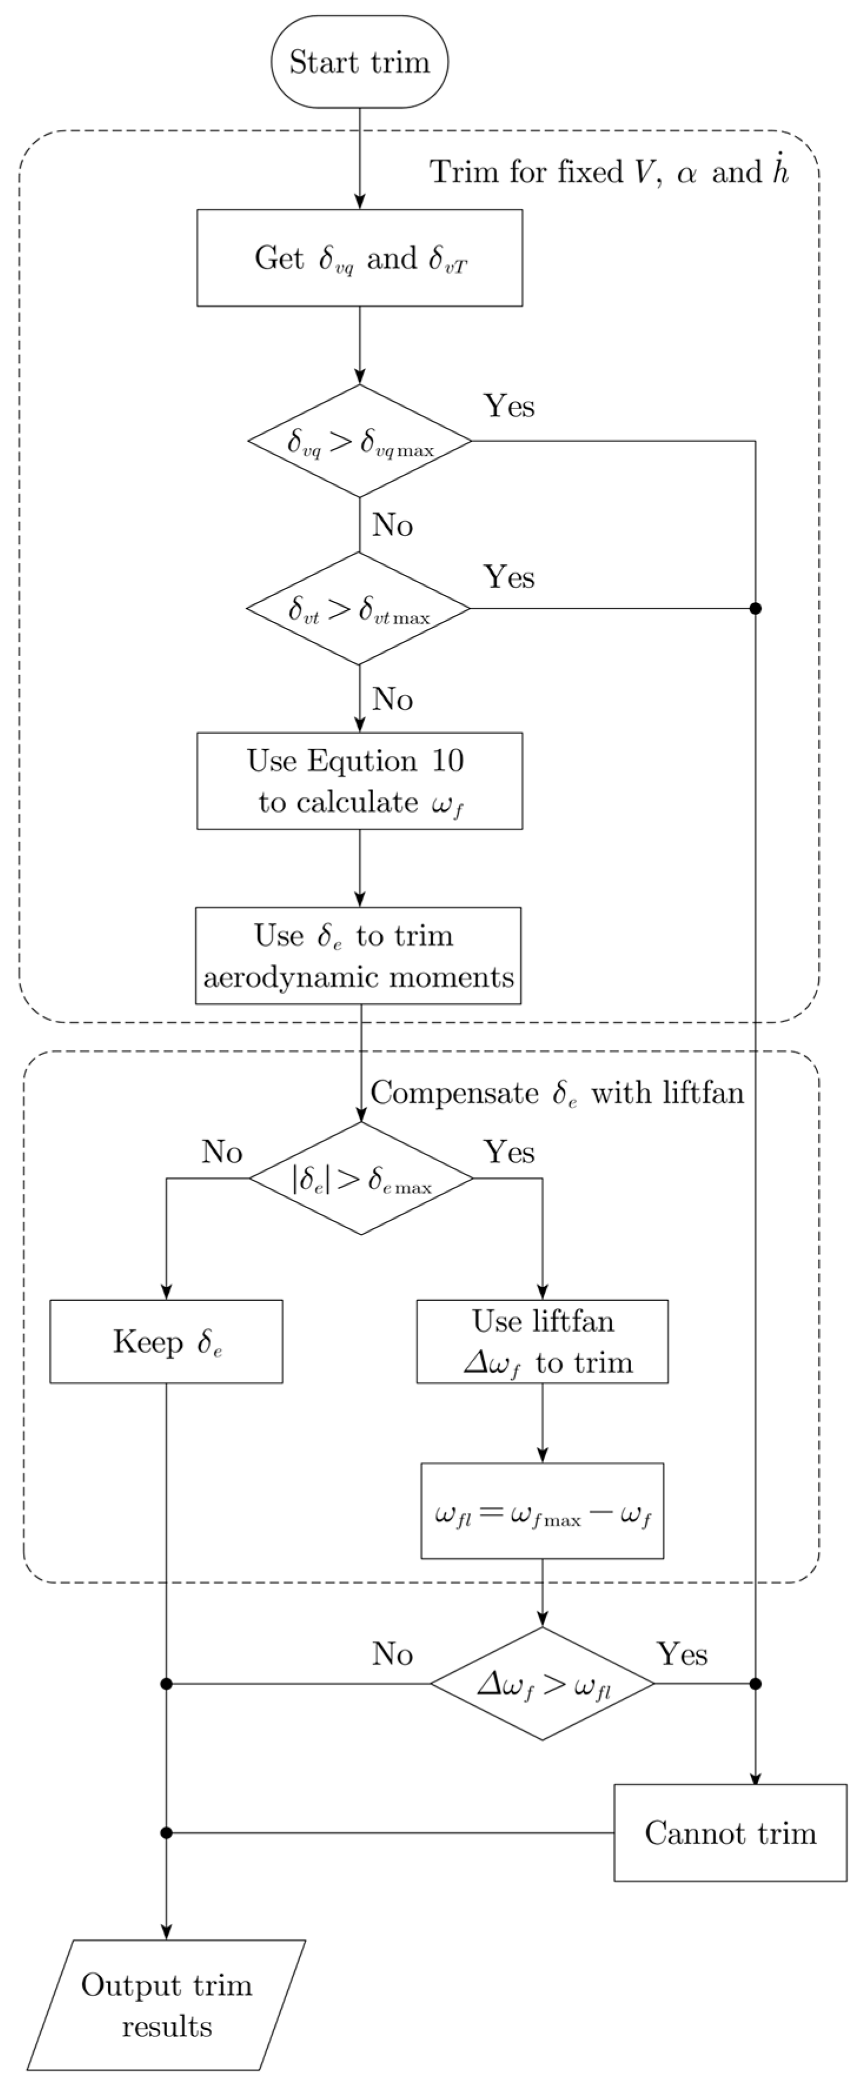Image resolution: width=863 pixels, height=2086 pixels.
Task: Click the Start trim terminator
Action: pos(359,62)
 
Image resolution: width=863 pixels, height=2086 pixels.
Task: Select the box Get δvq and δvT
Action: pos(359,258)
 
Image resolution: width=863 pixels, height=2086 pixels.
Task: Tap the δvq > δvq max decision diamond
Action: pos(359,441)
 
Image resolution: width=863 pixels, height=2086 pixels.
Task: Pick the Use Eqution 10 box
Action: pos(359,781)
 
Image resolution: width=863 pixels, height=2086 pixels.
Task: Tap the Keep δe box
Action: pos(166,1342)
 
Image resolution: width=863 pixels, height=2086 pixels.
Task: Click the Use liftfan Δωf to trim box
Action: pos(542,1342)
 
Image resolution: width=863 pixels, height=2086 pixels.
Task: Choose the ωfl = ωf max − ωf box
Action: pos(542,1511)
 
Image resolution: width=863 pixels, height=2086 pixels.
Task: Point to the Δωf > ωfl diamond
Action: pos(542,1684)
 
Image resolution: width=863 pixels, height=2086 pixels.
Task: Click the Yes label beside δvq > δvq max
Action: pos(509,405)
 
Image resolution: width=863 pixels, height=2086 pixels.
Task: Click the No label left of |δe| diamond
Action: pos(222,1152)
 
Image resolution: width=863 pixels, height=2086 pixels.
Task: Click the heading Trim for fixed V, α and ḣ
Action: pos(609,172)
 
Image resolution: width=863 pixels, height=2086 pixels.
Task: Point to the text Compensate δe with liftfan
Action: pos(557,1093)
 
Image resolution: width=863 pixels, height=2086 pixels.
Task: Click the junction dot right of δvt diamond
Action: pos(756,608)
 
